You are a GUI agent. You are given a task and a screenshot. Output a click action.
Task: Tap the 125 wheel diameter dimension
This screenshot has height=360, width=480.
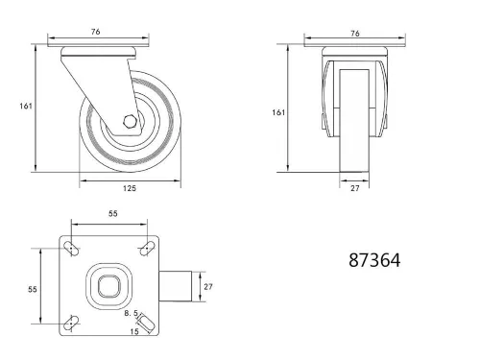130,188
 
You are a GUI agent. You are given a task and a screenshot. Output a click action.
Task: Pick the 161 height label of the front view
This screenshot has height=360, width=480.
278,112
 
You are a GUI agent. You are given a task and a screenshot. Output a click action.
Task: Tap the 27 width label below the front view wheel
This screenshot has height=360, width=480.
356,188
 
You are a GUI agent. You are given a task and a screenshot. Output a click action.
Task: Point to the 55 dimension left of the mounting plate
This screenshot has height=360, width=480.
31,287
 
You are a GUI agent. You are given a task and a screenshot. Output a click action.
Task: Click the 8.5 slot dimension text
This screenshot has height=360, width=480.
131,313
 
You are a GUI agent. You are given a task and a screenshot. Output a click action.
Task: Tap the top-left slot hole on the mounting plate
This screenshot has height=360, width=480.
71,250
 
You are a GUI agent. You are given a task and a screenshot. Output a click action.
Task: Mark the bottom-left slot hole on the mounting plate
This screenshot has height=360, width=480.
71,324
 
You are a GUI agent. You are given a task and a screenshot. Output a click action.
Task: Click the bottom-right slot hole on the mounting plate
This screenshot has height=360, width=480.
148,324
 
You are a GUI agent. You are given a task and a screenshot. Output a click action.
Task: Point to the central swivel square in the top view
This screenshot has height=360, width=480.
108,287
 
